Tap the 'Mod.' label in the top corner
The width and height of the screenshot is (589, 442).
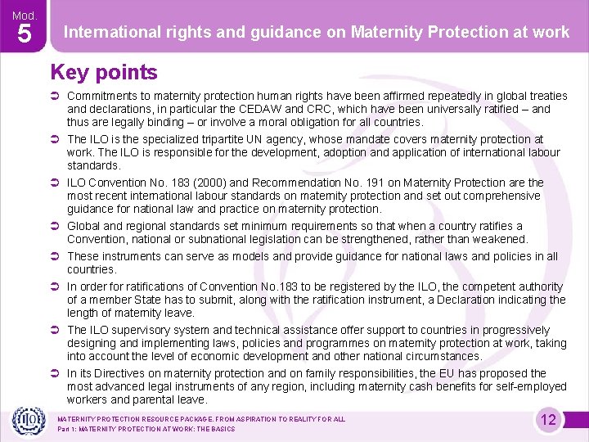coord(25,14)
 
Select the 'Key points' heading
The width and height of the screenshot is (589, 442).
coord(104,73)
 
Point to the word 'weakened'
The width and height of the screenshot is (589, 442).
coord(500,239)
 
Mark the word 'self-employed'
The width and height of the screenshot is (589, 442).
coord(531,386)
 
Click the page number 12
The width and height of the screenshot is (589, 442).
coord(548,420)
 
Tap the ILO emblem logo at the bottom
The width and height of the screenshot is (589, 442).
coord(27,420)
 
